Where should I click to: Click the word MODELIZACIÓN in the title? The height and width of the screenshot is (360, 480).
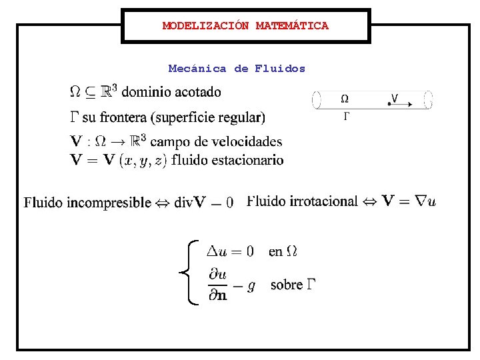(x=205, y=26)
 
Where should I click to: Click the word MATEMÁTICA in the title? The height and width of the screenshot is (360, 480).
(x=292, y=26)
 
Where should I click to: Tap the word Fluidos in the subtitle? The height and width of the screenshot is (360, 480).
(x=280, y=68)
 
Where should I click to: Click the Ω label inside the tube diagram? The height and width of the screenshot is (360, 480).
(x=345, y=99)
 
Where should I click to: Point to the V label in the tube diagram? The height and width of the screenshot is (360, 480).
(x=395, y=98)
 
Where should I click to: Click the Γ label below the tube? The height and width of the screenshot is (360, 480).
(x=346, y=116)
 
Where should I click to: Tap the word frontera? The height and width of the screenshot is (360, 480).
(x=124, y=118)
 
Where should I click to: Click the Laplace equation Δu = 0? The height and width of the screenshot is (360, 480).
(x=230, y=251)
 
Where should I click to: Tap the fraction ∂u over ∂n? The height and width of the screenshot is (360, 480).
(x=217, y=285)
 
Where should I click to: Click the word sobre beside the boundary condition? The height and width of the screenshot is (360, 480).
(x=287, y=285)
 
